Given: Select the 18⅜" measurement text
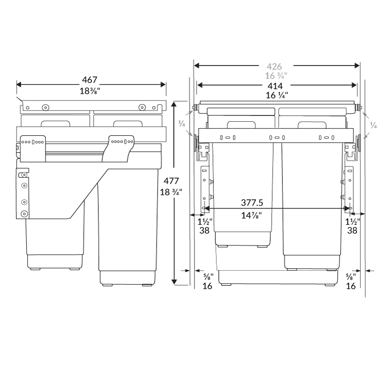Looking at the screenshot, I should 91,91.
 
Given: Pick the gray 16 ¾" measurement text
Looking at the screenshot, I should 276,76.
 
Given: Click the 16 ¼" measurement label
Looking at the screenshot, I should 276,96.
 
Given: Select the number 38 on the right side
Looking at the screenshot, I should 352,230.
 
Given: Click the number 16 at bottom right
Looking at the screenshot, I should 351,286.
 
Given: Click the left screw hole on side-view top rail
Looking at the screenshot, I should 45,107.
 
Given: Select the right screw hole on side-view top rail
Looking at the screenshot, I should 142,107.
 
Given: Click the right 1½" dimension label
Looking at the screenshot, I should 352,221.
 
